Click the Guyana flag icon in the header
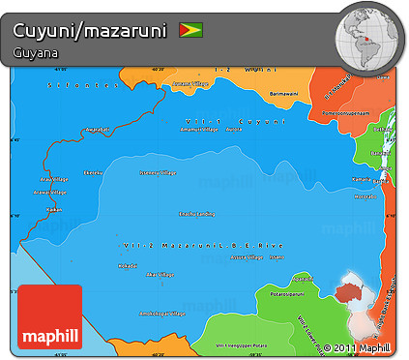tap(190, 31)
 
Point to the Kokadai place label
tap(126, 265)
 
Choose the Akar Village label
tap(158, 275)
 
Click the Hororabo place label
tap(365, 195)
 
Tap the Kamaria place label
tap(362, 179)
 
